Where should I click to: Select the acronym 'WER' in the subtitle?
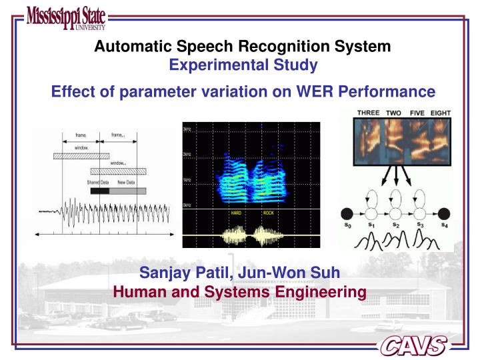pos(332,91)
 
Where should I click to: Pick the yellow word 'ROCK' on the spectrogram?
pos(276,213)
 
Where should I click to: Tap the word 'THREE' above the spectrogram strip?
pos(369,113)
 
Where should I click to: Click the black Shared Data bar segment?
pos(99,191)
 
